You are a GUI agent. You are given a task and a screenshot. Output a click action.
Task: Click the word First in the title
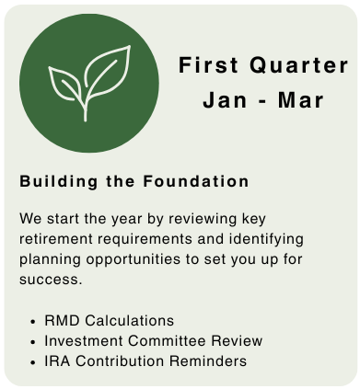click(x=208, y=65)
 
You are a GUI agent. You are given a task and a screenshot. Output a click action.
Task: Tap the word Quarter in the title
click(x=299, y=65)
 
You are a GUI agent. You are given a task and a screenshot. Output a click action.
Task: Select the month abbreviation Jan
click(x=225, y=100)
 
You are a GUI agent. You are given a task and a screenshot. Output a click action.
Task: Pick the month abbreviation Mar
click(x=301, y=100)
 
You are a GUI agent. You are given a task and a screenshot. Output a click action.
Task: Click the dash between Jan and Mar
click(x=262, y=101)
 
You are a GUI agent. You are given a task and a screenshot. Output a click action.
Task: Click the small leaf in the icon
click(x=64, y=84)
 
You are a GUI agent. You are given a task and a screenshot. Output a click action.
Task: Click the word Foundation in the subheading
click(x=196, y=181)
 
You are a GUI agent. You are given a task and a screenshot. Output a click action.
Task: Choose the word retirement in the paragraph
click(x=56, y=239)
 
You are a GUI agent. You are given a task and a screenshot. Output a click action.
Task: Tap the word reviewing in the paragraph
click(x=203, y=220)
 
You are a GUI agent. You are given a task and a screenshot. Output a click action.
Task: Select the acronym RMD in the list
click(x=63, y=321)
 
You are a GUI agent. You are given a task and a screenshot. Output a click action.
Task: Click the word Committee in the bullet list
click(x=167, y=341)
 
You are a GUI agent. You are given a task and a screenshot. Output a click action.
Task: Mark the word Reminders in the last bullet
click(x=208, y=361)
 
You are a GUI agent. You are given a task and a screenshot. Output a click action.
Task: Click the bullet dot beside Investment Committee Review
click(x=33, y=342)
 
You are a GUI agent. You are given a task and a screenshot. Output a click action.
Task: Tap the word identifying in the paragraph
click(x=266, y=240)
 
